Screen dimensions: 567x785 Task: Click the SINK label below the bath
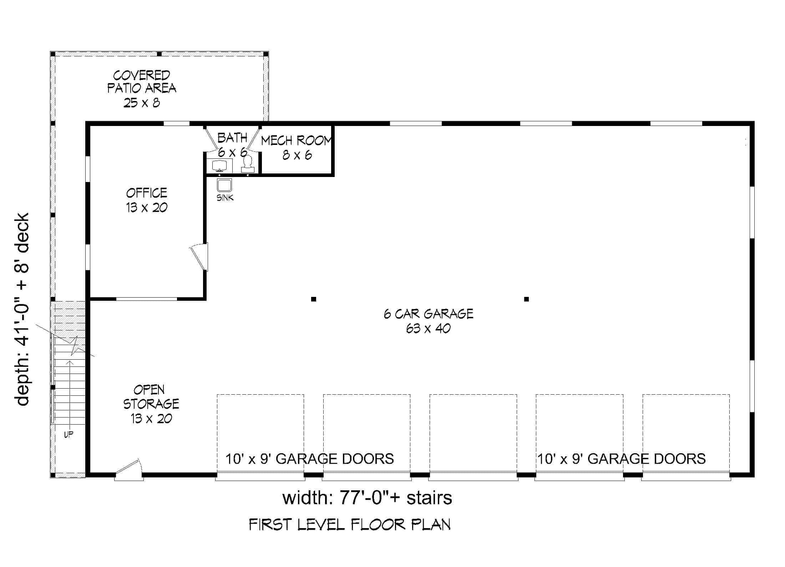(225, 198)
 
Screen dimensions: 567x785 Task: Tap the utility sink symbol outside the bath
(225, 185)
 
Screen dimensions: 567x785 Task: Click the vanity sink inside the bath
(219, 166)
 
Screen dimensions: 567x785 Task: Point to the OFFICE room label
(146, 193)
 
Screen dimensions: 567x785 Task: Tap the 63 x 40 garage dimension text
(428, 328)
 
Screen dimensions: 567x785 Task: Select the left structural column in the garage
(314, 299)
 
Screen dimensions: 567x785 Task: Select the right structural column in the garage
(526, 299)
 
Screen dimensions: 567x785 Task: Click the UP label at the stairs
(69, 435)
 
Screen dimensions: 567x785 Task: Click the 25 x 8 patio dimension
(142, 103)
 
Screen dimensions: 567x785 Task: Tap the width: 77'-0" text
(367, 498)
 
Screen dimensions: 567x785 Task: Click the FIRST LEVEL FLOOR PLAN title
(349, 525)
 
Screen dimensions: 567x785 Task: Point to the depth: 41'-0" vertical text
(22, 309)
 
